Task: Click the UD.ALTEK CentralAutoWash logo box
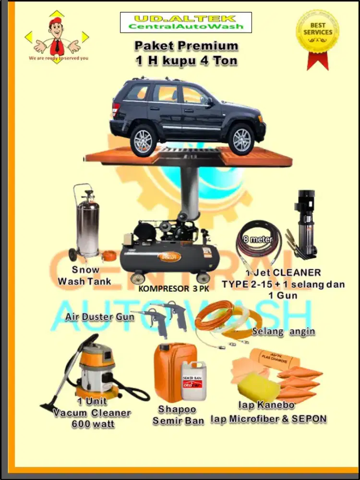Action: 185,23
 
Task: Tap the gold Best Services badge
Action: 317,33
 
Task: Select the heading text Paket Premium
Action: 186,46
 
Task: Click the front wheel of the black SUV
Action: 241,139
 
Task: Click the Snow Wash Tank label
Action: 84,276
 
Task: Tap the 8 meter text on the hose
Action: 259,239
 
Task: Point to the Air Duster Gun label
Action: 96,317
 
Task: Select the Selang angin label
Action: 283,332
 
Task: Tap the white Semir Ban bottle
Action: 193,382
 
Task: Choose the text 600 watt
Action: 92,424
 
